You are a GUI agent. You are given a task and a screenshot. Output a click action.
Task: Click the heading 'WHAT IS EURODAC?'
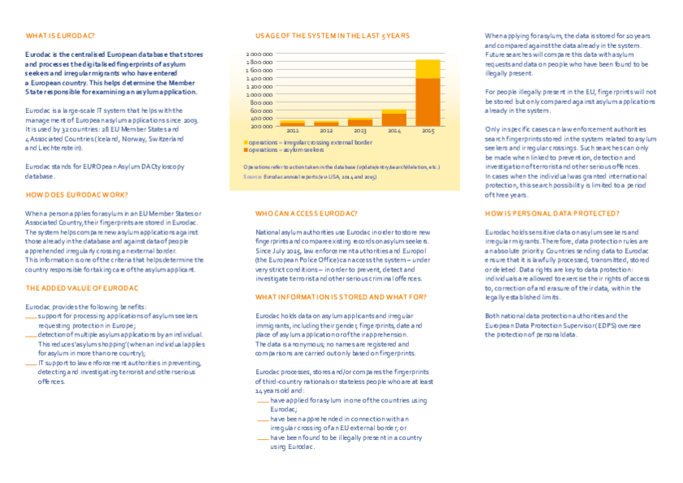pos(60,36)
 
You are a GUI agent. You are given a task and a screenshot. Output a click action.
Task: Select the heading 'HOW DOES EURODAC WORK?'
pos(76,196)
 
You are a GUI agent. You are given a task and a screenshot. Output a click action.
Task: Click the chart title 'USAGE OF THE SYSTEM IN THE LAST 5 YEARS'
pos(333,36)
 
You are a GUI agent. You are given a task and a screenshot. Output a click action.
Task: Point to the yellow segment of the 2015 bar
pos(428,68)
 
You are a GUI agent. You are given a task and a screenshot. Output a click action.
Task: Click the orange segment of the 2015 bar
pos(428,102)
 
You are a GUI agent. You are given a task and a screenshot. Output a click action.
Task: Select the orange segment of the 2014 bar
pos(394,120)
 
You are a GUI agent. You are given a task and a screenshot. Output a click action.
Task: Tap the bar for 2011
pos(293,124)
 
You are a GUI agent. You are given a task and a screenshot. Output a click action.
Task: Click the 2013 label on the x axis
pos(360,131)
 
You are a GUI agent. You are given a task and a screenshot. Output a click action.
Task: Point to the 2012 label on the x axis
pos(326,131)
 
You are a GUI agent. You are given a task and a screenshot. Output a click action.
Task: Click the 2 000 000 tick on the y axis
pos(259,54)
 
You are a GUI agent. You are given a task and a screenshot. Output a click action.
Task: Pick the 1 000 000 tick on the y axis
pos(259,94)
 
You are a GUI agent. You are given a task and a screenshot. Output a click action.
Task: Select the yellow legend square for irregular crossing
pos(246,142)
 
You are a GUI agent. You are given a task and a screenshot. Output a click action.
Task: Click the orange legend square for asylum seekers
pos(246,150)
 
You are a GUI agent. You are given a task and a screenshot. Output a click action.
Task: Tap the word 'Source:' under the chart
pos(253,176)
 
